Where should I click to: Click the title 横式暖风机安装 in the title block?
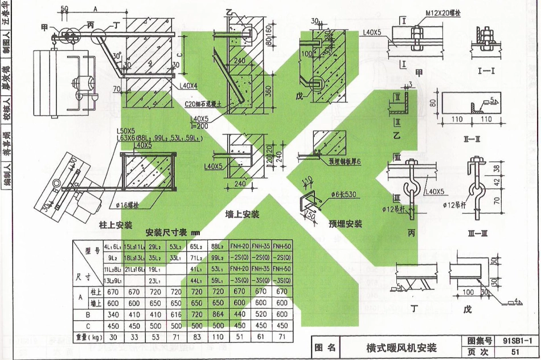[x=401, y=347]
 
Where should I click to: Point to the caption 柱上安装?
[x=116, y=226]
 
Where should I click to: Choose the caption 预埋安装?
[x=345, y=224]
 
